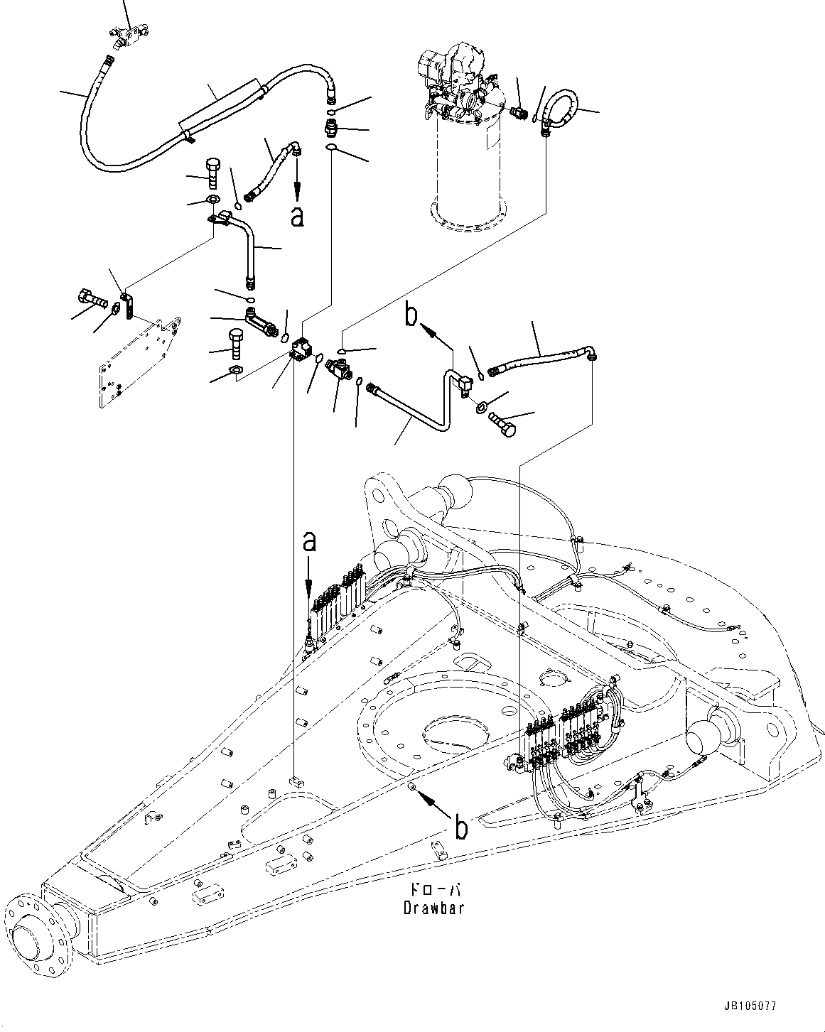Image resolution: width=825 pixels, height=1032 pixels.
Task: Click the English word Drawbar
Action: coord(435,907)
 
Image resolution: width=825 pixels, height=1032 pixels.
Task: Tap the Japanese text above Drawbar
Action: coord(435,891)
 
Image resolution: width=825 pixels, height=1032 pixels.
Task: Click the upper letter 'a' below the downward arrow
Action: coord(298,216)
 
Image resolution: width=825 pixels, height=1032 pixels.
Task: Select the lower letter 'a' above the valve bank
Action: coord(308,543)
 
